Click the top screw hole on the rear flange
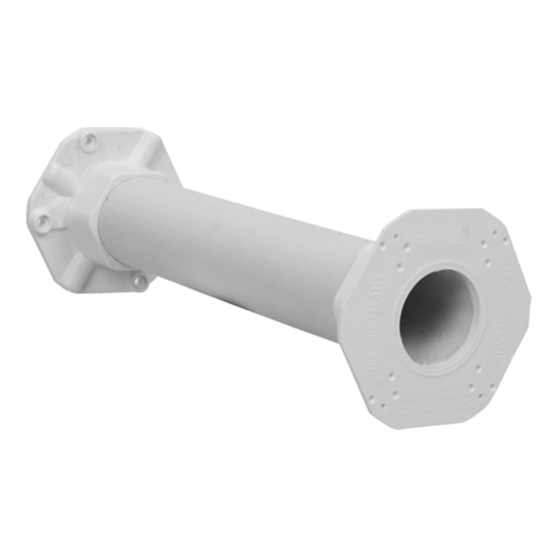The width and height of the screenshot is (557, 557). (90, 140)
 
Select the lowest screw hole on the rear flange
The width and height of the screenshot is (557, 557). (139, 281)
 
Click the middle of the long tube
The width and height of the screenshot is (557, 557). (236, 250)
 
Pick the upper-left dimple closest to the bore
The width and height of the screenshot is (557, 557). (400, 266)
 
